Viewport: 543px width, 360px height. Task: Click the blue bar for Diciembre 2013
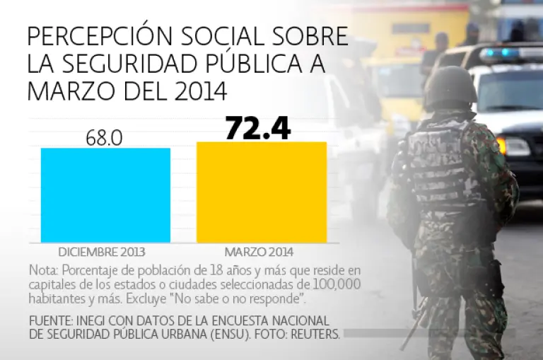click(x=105, y=195)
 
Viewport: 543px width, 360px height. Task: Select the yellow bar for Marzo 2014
click(x=262, y=192)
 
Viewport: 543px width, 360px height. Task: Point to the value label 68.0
click(x=105, y=137)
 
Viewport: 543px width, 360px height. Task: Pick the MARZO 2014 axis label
click(x=259, y=252)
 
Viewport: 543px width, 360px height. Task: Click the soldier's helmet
click(x=450, y=87)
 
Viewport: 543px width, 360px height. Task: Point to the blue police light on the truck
click(x=507, y=53)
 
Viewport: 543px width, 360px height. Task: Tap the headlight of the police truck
click(x=515, y=146)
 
